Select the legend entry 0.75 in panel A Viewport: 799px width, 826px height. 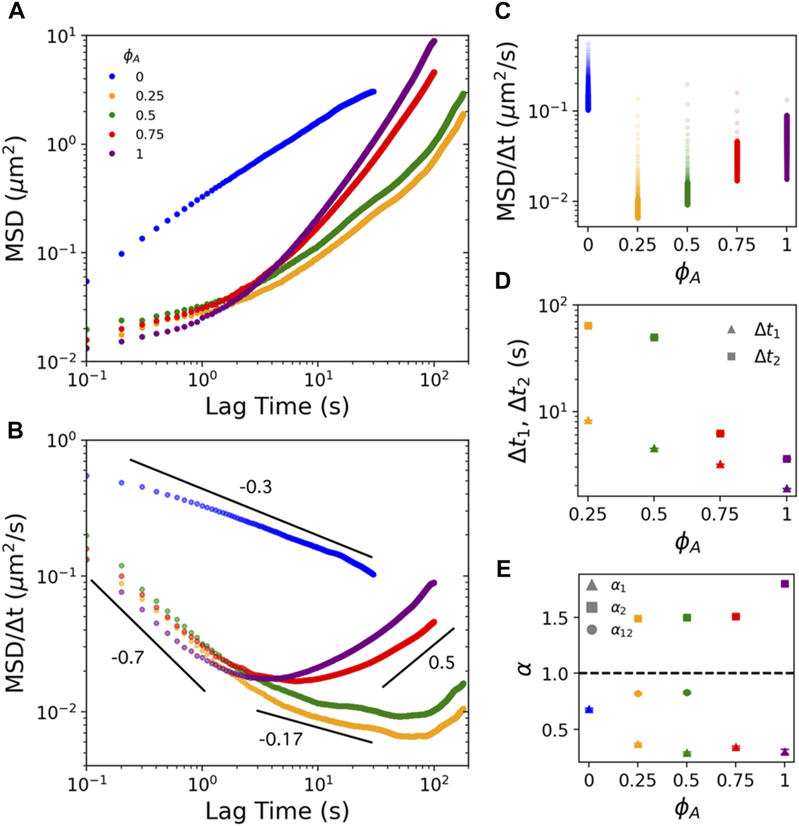pos(149,134)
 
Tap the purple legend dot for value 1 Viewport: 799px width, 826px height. pos(112,154)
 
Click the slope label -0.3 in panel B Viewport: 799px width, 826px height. pos(255,487)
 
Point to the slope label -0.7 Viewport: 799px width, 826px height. pos(127,657)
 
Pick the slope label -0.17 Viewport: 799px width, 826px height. pos(281,739)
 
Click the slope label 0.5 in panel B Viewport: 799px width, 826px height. pos(441,662)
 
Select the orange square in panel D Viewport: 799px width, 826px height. pos(589,326)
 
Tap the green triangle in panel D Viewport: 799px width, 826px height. pos(654,448)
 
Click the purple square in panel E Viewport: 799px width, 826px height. pos(785,584)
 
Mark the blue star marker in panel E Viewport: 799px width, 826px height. pos(589,710)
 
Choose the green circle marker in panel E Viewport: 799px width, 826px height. pos(686,693)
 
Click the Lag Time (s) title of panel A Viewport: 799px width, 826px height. pos(277,406)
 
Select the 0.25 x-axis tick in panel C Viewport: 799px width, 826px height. pos(638,245)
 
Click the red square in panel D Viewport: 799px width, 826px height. pos(720,433)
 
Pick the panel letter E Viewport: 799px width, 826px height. pos(504,569)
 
